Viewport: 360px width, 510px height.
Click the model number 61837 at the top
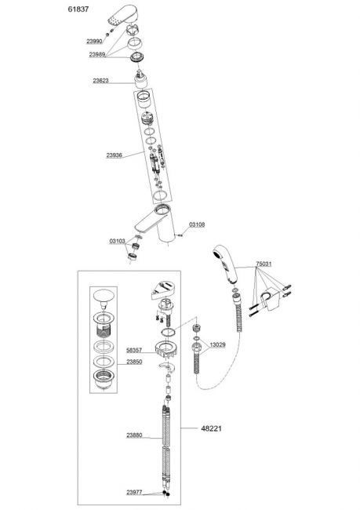[x=78, y=9]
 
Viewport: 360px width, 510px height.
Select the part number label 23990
[x=94, y=42]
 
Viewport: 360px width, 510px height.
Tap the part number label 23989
[x=97, y=54]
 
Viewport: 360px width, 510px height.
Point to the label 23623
[x=101, y=80]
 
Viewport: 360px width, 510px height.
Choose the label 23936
[x=115, y=155]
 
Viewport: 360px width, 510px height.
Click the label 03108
[x=197, y=224]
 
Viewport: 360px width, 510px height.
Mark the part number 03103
[x=118, y=241]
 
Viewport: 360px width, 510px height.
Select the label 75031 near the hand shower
[x=264, y=264]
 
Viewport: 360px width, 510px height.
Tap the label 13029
[x=217, y=344]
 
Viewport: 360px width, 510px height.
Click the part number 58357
[x=134, y=350]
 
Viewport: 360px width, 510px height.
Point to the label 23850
[x=134, y=362]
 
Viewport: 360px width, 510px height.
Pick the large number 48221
[x=212, y=428]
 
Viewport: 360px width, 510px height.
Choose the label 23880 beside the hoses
[x=134, y=435]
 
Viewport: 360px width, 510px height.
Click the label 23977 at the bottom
[x=134, y=492]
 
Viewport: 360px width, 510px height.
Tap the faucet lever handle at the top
[x=121, y=15]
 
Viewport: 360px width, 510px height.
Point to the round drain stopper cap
[x=104, y=296]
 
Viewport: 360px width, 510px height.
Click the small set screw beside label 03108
[x=179, y=235]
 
